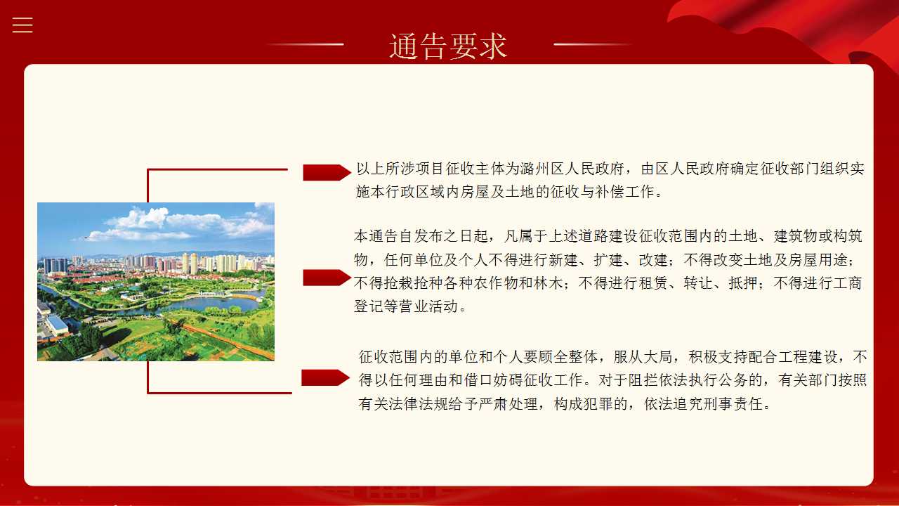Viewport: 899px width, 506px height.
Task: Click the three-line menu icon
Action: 22,25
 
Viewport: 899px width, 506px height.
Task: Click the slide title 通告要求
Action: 448,46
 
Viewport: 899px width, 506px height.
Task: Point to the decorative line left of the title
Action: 305,44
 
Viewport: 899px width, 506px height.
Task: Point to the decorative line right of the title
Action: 592,44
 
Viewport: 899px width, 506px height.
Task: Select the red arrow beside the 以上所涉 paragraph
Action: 327,172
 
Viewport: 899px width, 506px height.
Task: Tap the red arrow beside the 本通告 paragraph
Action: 327,278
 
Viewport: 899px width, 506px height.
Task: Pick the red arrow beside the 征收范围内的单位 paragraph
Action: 325,377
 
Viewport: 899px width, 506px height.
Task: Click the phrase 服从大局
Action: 643,356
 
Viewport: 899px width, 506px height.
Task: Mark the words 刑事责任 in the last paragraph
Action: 733,403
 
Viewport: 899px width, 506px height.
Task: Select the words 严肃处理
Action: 508,403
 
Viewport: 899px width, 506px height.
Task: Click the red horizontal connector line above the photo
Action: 218,169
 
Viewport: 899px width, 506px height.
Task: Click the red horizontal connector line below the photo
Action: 220,392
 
